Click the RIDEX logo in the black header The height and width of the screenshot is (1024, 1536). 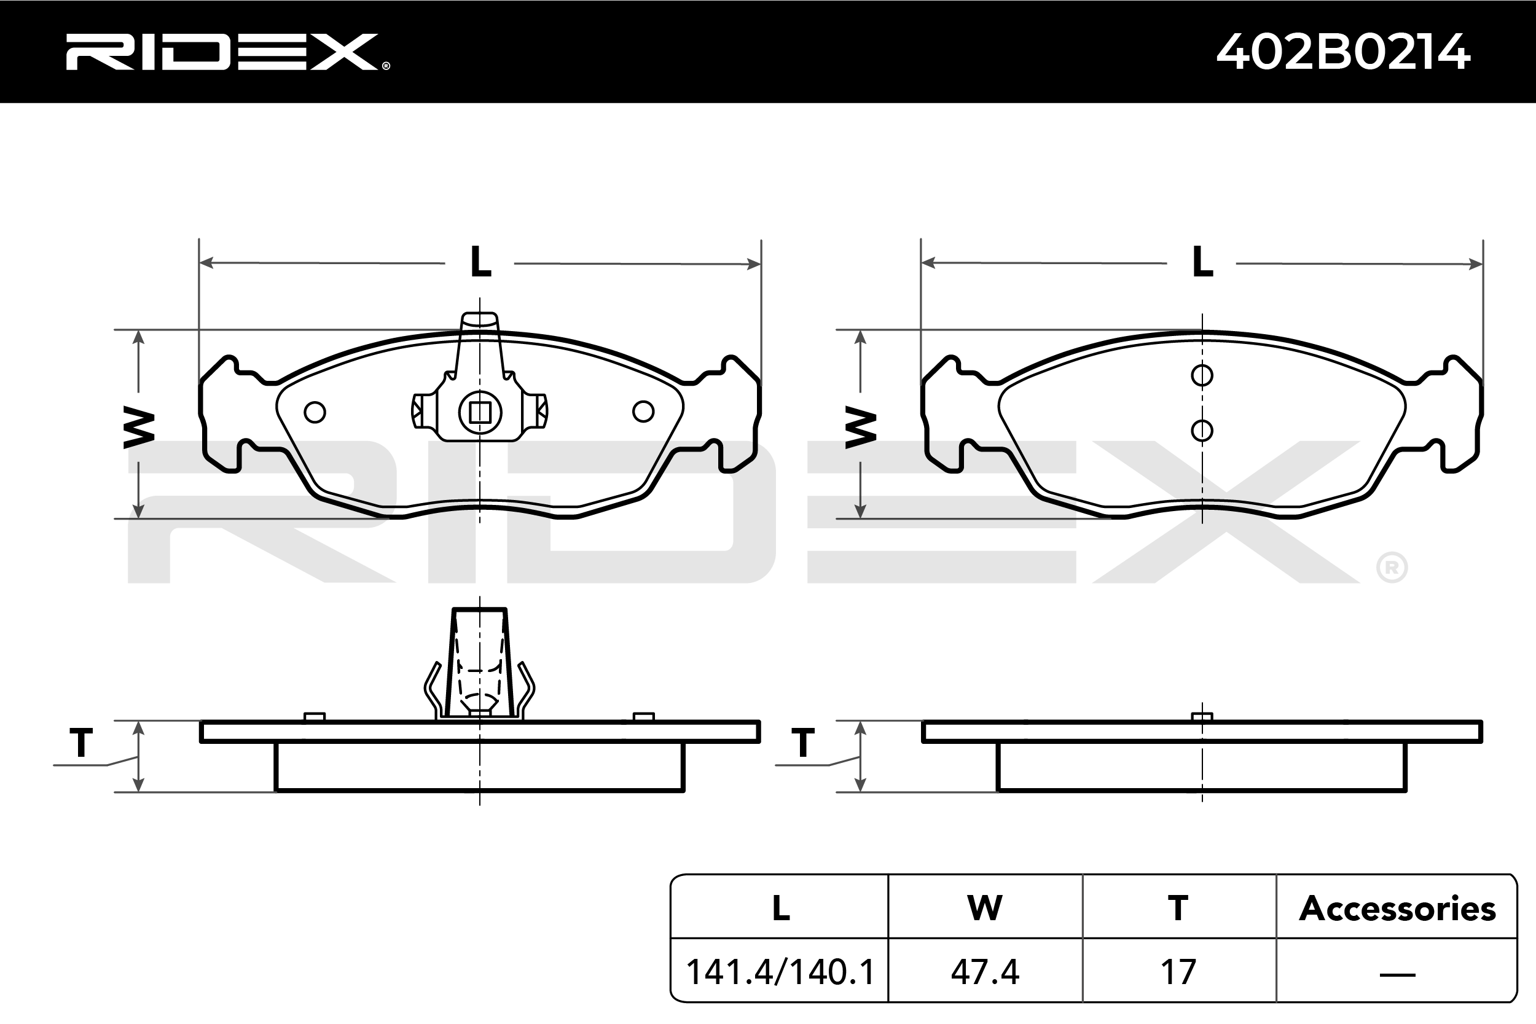227,52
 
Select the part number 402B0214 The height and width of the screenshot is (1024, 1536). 1343,52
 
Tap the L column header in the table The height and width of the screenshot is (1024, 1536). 780,908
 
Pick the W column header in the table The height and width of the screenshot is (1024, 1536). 985,908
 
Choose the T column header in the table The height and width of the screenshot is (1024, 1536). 1178,908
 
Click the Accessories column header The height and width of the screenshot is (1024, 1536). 1397,909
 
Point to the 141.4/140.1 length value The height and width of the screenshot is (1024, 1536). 780,972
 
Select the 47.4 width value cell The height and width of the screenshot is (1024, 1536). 985,972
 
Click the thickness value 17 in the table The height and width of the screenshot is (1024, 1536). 1178,972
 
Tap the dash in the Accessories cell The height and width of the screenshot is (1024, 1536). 1397,975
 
